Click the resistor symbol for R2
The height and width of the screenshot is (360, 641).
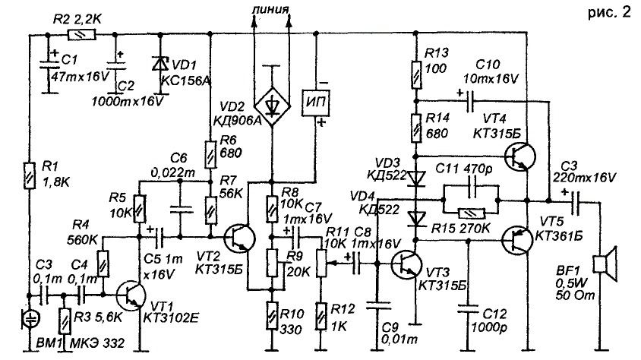pyautogui.click(x=77, y=34)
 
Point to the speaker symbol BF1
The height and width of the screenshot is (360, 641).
pyautogui.click(x=605, y=265)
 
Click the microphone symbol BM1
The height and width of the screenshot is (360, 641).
pyautogui.click(x=31, y=314)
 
